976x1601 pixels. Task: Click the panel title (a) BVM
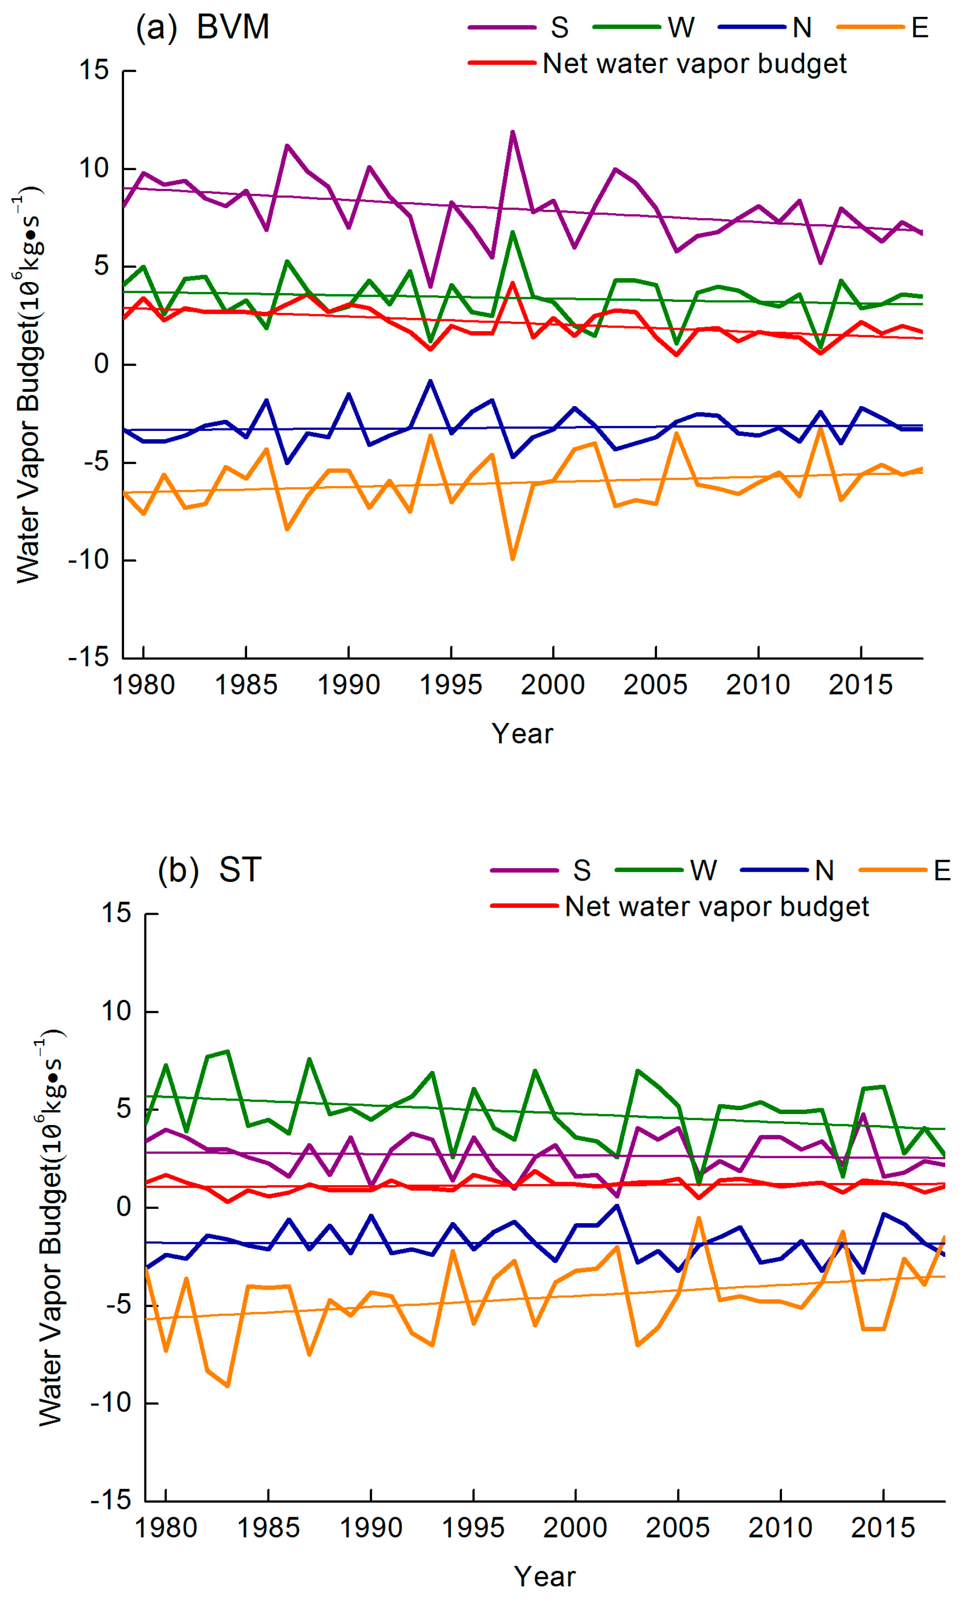(x=202, y=27)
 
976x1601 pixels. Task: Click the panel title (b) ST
(x=209, y=870)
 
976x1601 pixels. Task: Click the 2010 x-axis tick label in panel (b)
(x=781, y=1528)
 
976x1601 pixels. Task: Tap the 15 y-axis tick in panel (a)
(x=94, y=70)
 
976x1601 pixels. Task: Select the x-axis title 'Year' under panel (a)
(x=522, y=734)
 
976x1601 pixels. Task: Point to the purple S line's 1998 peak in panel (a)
(x=513, y=132)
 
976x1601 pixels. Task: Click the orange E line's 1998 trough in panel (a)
(x=513, y=558)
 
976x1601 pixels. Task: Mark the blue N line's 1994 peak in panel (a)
(x=431, y=381)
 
